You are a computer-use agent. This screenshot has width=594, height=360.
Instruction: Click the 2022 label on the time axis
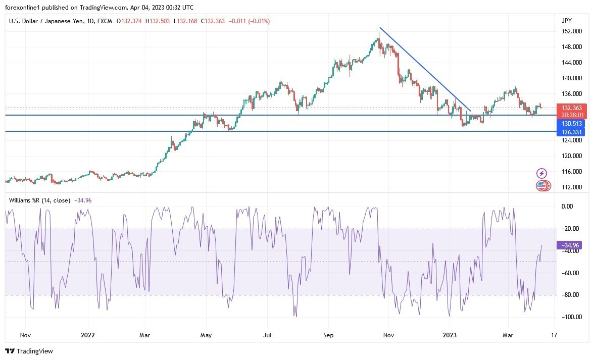88,335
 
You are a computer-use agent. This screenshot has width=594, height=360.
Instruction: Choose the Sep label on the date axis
328,335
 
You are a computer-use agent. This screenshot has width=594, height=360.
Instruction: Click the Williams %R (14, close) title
39,200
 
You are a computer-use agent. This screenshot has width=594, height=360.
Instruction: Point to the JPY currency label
566,20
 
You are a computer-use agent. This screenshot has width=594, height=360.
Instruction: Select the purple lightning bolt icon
541,174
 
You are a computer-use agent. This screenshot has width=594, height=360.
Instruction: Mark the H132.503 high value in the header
158,21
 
